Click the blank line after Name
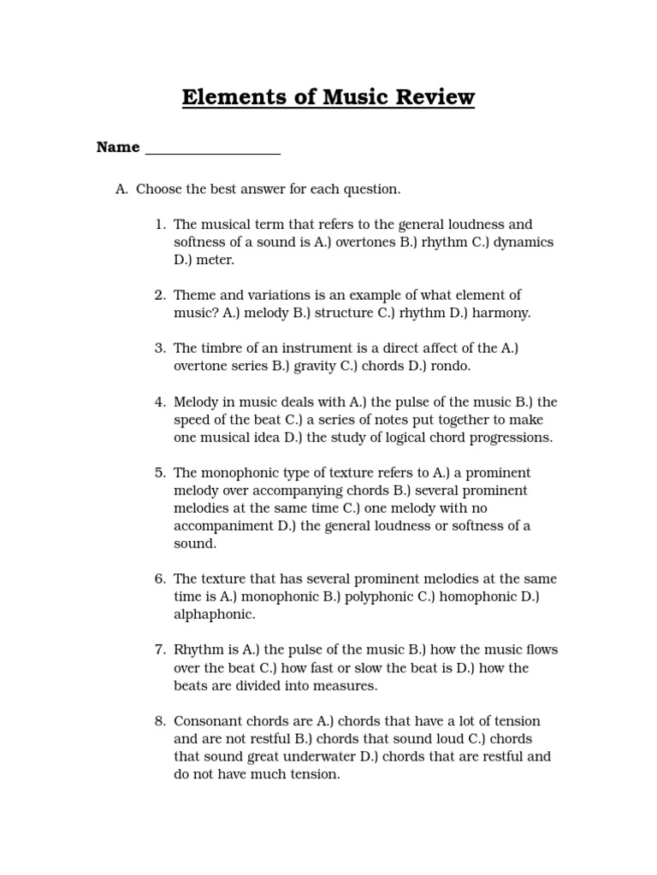coord(213,150)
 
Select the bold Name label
coord(118,147)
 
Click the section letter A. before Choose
coord(121,189)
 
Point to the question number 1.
coord(160,225)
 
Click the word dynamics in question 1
coord(524,243)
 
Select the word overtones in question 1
coord(365,243)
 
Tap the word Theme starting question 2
coord(193,296)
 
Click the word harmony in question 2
coord(500,314)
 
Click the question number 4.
coord(160,402)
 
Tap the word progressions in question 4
coord(508,437)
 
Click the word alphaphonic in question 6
coord(213,614)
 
